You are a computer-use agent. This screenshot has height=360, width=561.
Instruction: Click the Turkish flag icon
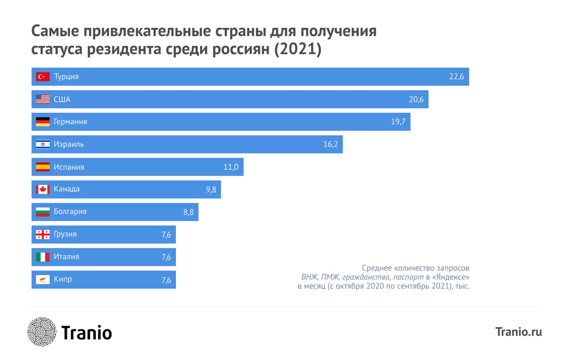click(x=43, y=76)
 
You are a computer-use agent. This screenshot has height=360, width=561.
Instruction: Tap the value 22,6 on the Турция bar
click(x=456, y=76)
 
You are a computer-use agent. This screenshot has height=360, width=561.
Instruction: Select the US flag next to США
click(x=43, y=99)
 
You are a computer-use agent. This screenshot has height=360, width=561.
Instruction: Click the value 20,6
click(x=416, y=100)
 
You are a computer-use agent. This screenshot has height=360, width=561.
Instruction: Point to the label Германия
click(x=70, y=122)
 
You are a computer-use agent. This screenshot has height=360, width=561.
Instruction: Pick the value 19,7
click(x=398, y=122)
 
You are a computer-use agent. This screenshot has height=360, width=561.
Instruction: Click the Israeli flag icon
click(x=43, y=144)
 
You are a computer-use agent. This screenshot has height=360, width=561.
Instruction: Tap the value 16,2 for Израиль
click(x=330, y=144)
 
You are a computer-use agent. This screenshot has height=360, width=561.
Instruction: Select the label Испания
click(x=69, y=167)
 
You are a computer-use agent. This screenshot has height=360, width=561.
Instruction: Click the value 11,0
click(x=231, y=167)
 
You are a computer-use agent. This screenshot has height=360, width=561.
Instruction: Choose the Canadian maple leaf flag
click(x=43, y=189)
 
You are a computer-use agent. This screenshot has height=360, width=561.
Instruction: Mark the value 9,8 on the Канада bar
click(x=211, y=190)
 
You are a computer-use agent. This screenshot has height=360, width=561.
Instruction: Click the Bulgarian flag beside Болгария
click(x=43, y=212)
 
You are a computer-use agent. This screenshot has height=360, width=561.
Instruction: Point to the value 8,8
click(x=188, y=212)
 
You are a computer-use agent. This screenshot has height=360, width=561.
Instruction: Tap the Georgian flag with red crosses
click(x=43, y=234)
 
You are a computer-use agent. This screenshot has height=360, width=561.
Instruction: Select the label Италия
click(x=66, y=257)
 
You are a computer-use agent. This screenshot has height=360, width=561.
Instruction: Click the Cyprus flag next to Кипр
click(x=43, y=279)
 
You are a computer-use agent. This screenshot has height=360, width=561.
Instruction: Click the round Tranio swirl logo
click(x=42, y=332)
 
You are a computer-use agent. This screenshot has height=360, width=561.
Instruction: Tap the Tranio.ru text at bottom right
click(x=518, y=332)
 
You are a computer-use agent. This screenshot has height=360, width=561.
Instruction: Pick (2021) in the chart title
click(x=298, y=49)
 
